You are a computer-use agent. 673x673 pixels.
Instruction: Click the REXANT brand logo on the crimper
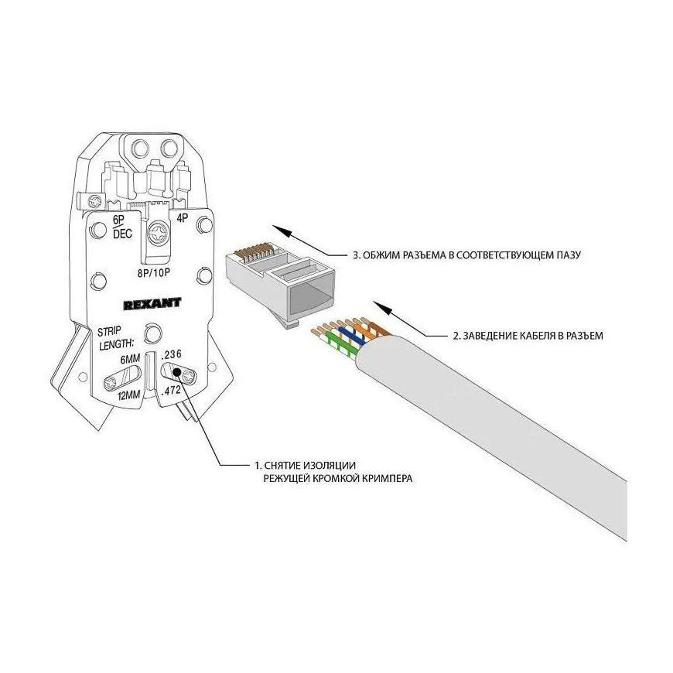click(152, 303)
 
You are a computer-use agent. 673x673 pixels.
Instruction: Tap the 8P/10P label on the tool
click(153, 272)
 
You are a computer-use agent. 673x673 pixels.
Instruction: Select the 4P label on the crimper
click(183, 218)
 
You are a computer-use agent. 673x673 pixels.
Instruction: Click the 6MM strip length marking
click(131, 359)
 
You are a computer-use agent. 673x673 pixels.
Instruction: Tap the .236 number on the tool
click(171, 355)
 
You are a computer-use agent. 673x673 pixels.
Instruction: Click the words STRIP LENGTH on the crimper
click(115, 338)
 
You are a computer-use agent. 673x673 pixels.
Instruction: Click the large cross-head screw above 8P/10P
click(159, 235)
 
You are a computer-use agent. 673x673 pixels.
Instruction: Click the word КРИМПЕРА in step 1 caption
click(388, 478)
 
